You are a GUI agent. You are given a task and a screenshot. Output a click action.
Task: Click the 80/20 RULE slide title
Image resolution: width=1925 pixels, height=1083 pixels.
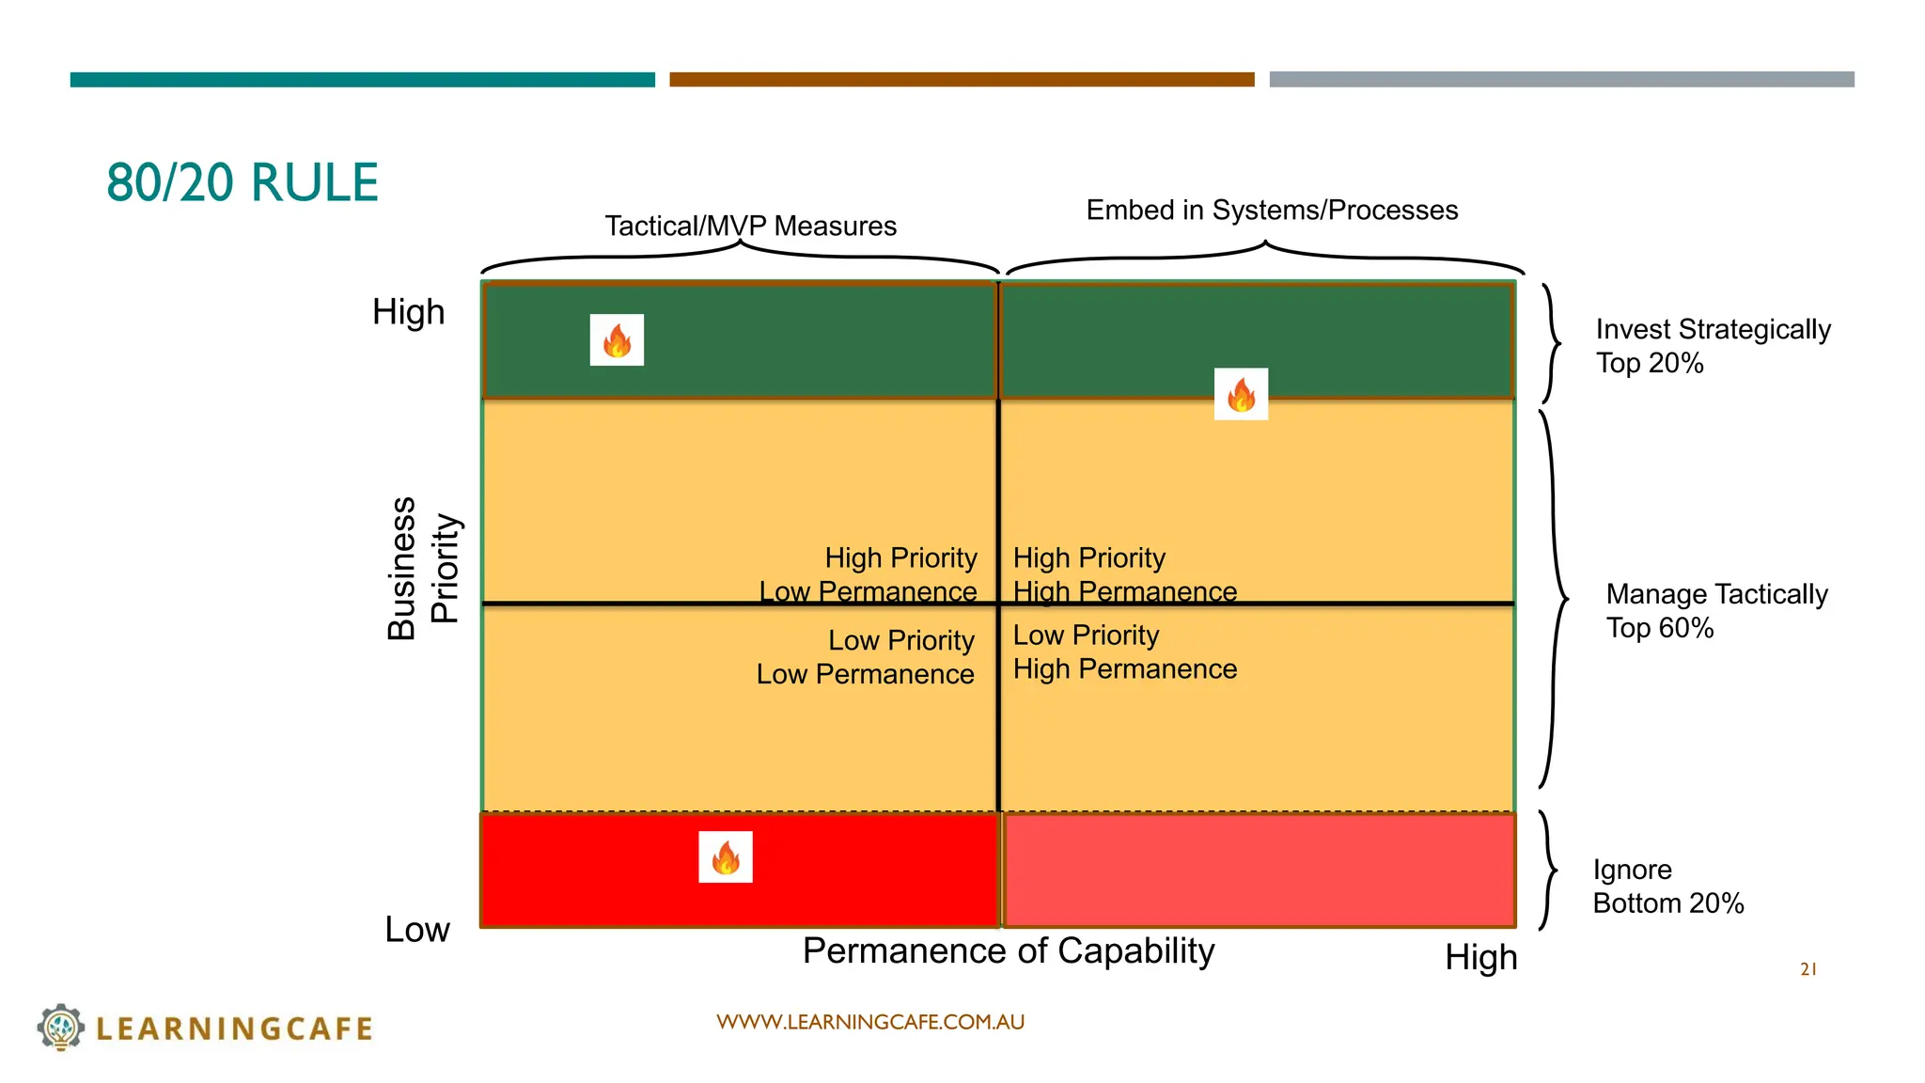pyautogui.click(x=243, y=182)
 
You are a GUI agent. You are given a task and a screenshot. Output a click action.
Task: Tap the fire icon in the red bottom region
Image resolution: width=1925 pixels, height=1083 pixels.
pyautogui.click(x=726, y=857)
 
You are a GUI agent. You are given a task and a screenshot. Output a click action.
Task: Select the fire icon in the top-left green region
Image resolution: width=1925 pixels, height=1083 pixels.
pyautogui.click(x=617, y=340)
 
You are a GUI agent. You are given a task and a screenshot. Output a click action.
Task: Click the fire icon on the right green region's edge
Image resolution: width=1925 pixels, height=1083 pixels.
pyautogui.click(x=1241, y=394)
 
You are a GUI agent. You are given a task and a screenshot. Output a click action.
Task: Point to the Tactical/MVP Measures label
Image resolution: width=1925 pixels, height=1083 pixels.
pyautogui.click(x=750, y=227)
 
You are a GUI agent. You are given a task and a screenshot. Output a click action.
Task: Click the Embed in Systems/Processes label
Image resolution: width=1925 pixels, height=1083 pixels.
pyautogui.click(x=1272, y=211)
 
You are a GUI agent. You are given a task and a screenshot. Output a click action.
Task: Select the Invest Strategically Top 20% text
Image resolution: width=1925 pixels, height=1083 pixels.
pyautogui.click(x=1713, y=346)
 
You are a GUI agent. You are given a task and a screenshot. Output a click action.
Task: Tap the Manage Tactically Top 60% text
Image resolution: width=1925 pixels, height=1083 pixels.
pyautogui.click(x=1716, y=611)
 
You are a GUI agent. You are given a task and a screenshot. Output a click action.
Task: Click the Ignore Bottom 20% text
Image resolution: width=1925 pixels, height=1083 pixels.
pyautogui.click(x=1667, y=887)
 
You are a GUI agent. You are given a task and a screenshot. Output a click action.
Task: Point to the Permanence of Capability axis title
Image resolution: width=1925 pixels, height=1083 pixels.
pyautogui.click(x=1009, y=951)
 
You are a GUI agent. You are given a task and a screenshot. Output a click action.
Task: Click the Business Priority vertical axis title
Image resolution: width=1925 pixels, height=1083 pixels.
pyautogui.click(x=423, y=569)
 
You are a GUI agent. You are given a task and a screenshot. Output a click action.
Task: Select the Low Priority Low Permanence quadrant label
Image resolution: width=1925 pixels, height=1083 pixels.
pyautogui.click(x=866, y=657)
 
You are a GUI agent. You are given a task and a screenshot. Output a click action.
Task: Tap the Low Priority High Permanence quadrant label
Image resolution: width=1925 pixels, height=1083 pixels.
pyautogui.click(x=1124, y=652)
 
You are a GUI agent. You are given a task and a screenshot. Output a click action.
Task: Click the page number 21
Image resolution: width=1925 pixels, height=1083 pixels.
pyautogui.click(x=1808, y=969)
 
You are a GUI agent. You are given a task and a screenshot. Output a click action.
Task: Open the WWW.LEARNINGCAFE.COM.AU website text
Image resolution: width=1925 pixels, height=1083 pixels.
pyautogui.click(x=870, y=1022)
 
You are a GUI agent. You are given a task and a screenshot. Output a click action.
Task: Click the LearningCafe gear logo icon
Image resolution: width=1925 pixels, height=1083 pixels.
pyautogui.click(x=61, y=1027)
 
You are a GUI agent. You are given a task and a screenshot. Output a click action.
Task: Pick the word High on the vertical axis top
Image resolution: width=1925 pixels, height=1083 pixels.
pyautogui.click(x=408, y=312)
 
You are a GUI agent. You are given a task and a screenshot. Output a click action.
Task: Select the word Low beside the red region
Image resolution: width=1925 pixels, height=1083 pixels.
pyautogui.click(x=417, y=930)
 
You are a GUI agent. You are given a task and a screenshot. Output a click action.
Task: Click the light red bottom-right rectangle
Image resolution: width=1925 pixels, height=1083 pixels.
pyautogui.click(x=1260, y=871)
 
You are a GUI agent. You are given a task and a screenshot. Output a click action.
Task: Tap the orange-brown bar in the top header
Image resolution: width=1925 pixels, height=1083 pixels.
pyautogui.click(x=962, y=80)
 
